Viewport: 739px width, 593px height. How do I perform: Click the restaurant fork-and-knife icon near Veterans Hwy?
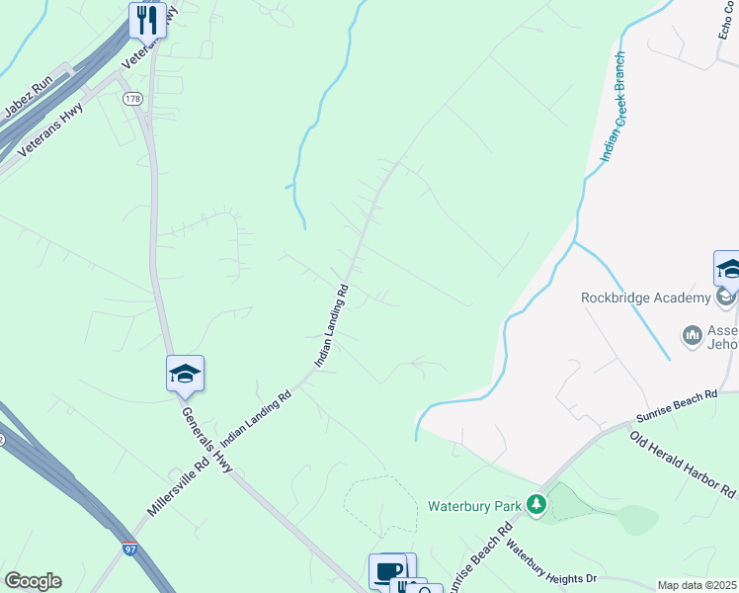coord(147,19)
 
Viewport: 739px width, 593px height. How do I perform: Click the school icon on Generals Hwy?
coord(185,374)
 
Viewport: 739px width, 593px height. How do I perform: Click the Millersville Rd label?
coord(178,485)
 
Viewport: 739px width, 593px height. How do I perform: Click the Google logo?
coord(33,581)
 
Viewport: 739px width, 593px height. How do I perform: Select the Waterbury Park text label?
coord(474,506)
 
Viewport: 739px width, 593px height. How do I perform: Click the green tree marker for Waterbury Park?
coord(536,505)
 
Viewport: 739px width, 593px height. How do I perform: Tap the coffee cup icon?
coord(388,570)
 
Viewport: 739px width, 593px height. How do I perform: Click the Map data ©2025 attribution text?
coord(697,585)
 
